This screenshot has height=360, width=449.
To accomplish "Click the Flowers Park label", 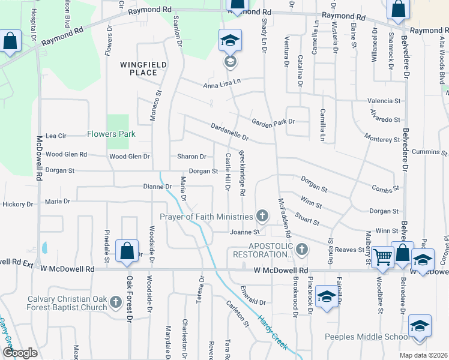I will point(111,134).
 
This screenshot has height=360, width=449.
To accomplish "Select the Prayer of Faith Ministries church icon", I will point(262,215).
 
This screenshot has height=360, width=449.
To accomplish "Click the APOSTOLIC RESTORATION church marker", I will point(301,248).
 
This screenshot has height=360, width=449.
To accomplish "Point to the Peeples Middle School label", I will point(367,337).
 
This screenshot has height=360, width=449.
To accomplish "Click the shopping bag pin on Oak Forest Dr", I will point(127,253).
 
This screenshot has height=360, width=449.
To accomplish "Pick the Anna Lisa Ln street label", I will point(221,85).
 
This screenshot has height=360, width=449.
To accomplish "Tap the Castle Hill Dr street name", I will point(228,172).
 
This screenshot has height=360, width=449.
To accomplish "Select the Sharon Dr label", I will point(191,157).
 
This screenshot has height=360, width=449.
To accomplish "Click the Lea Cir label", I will point(56,136).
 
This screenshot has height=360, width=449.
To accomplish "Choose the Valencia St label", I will point(384,101).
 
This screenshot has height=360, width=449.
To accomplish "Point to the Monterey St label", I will point(382,139).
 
